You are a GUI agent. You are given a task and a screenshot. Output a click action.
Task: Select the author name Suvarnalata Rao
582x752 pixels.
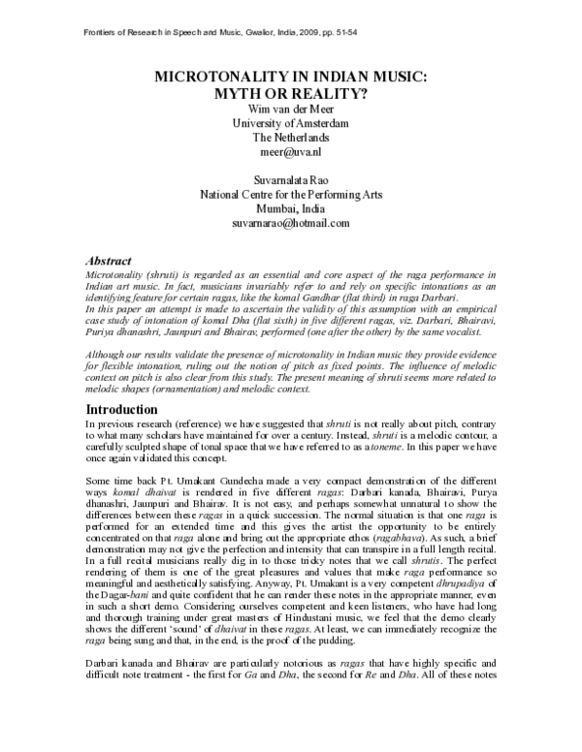click(291, 178)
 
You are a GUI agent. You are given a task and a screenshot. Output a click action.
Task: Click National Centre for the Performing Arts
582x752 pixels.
click(291, 194)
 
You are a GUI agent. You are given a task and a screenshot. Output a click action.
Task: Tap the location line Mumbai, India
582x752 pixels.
click(291, 208)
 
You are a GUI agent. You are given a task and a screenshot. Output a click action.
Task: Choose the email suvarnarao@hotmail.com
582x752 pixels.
click(291, 224)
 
